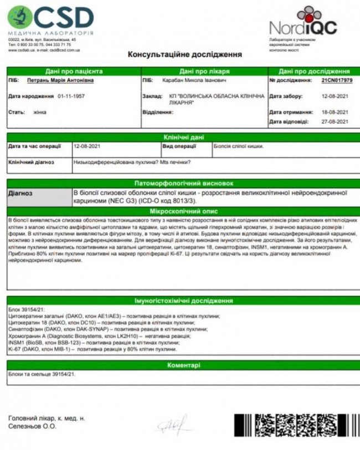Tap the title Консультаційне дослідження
[184, 54]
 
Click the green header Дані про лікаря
[201, 71]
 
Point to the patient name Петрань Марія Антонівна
[60, 80]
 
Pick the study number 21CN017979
[336, 80]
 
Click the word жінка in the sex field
[39, 111]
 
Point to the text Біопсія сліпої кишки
[239, 147]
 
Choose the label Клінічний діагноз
[31, 162]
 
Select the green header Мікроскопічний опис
[184, 211]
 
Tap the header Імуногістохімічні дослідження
[183, 300]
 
